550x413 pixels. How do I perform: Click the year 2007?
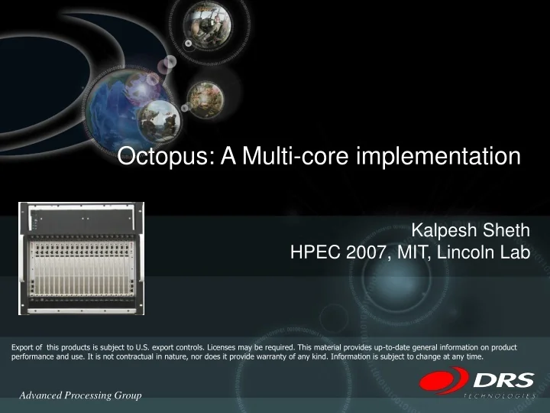tap(364, 253)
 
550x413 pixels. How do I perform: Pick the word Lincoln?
tap(465, 253)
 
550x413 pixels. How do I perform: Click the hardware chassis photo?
tap(81, 259)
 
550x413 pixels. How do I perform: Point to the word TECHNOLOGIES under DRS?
tap(499, 396)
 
